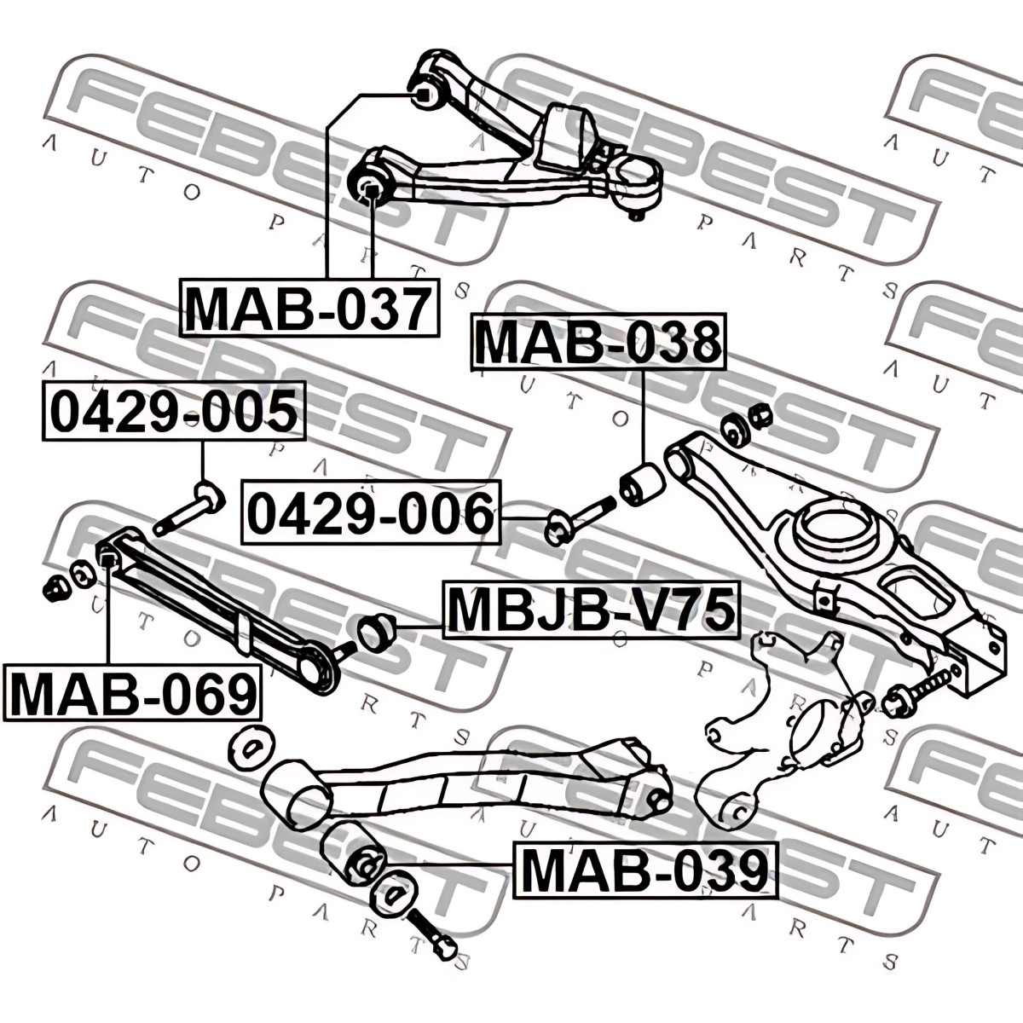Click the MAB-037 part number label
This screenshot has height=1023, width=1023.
[x=310, y=308]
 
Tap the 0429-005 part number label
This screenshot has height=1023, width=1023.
[x=175, y=411]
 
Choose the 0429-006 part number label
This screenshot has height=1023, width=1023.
[x=371, y=511]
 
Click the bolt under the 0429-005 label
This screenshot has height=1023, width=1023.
[x=189, y=508]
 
